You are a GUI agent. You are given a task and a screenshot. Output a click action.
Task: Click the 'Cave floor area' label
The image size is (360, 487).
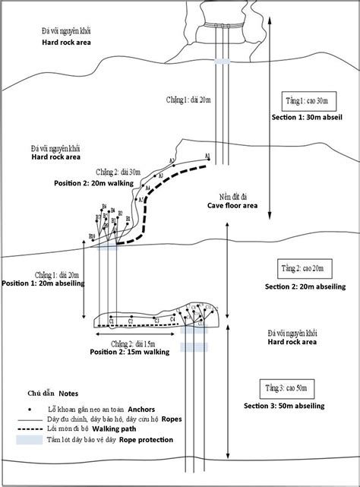point(232,205)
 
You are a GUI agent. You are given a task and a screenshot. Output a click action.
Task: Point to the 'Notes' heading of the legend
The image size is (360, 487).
point(68,394)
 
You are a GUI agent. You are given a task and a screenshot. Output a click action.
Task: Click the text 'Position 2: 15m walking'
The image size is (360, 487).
point(129,353)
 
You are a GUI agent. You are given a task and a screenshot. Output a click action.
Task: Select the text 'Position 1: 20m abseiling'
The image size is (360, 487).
point(43,283)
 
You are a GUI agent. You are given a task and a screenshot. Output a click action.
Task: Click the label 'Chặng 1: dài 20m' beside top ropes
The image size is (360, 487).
point(188,100)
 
